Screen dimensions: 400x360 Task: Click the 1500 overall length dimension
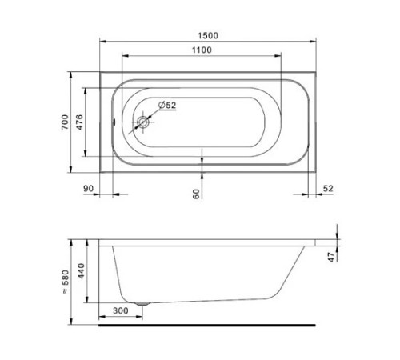click(x=208, y=35)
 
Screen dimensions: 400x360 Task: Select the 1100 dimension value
click(x=202, y=50)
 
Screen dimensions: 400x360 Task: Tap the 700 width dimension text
click(x=65, y=122)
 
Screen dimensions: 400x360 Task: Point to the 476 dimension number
click(x=79, y=122)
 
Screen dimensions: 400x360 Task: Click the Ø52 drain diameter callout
click(x=167, y=105)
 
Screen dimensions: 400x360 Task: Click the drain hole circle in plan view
click(x=143, y=122)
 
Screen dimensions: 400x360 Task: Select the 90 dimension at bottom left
click(x=89, y=189)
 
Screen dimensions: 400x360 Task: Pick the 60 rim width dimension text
click(x=196, y=194)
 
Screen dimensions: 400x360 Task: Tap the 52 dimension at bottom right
click(x=328, y=189)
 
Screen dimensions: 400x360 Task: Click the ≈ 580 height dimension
click(x=66, y=282)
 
